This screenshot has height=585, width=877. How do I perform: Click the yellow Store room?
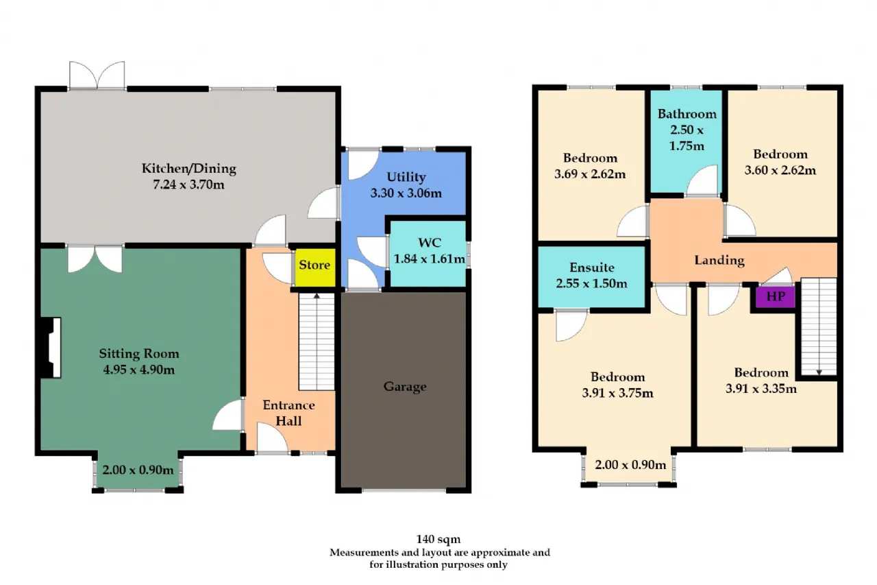pos(314,267)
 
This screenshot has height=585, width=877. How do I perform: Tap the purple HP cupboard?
pos(775,296)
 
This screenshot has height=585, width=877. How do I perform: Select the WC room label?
pos(430,243)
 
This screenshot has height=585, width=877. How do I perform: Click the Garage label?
pos(405,387)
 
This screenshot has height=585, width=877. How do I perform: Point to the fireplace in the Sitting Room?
pos(51,348)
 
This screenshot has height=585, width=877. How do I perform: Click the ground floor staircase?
pos(317,342)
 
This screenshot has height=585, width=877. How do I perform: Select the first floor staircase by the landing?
pos(819,326)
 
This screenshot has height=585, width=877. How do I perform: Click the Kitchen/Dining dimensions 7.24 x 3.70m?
pos(188,184)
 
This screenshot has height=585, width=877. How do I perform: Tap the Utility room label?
pos(406,177)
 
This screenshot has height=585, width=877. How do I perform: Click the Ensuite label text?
pos(591,267)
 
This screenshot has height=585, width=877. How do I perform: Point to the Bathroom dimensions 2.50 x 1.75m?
pos(687,138)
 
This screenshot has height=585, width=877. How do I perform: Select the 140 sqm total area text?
pos(438,540)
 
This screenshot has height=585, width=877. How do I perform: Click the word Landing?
pos(719,261)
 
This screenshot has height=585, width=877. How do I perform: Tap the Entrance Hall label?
pos(288,413)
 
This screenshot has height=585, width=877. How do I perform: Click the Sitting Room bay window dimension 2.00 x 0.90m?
pos(138,470)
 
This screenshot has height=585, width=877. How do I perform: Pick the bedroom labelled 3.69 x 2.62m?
pos(590,165)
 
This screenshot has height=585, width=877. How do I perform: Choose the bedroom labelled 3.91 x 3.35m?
pos(761,380)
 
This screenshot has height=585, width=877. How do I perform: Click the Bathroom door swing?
pos(703,180)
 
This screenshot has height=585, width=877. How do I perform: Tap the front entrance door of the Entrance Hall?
pos(272,438)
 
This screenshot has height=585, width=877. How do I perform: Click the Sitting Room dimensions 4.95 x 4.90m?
pos(139,370)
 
